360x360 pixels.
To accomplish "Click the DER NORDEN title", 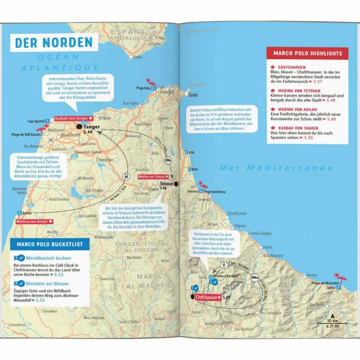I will click(54, 42).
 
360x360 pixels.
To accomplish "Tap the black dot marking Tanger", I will click(79, 126).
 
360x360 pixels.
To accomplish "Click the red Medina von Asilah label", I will click(34, 221).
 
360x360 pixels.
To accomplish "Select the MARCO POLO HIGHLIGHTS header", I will click(308, 53).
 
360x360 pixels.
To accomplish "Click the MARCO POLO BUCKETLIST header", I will click(47, 244).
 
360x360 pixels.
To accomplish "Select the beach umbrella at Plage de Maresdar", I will click(338, 276).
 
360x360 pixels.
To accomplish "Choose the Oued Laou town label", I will click(237, 213).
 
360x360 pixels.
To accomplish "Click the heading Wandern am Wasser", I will click(42, 283).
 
